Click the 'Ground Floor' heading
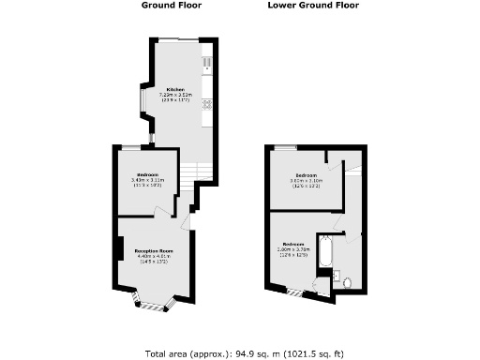coord(172,6)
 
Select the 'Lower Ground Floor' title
coord(326,6)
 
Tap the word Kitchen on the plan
coord(175,90)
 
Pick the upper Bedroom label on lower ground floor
coord(305,175)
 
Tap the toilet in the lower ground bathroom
coord(347,281)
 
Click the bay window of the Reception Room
coord(152,302)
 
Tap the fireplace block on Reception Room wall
coord(120,249)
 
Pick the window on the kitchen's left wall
coord(143,98)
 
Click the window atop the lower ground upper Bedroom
coord(284,147)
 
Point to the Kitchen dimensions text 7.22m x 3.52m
coord(175,96)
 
